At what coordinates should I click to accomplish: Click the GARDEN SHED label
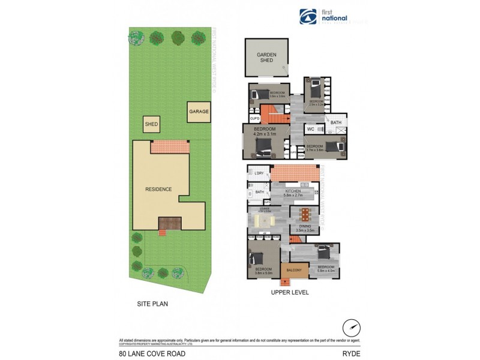266,57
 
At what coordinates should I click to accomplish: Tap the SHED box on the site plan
151,125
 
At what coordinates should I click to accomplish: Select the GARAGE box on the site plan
199,112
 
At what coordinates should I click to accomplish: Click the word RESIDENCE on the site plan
158,189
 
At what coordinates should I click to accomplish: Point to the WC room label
311,129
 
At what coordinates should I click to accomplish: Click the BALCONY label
294,271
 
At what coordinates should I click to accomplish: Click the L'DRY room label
259,174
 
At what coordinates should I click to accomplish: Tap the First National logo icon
308,17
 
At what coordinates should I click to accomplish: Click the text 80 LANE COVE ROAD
152,353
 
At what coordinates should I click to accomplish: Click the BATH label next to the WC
335,122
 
